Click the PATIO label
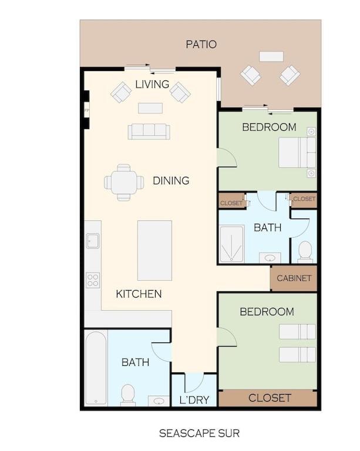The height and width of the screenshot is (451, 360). click(x=201, y=44)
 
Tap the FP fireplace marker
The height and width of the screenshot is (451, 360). click(x=87, y=110)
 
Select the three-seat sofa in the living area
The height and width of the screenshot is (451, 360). click(x=149, y=132)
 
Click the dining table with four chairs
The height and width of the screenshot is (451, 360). click(x=124, y=183)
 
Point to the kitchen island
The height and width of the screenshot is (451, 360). click(x=154, y=251)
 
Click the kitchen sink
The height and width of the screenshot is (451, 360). click(x=93, y=241)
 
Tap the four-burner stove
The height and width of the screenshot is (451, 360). click(x=93, y=280)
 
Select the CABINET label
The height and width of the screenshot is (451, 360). click(x=294, y=278)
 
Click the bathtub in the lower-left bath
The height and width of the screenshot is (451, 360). click(x=96, y=368)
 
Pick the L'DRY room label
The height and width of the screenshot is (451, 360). click(x=194, y=400)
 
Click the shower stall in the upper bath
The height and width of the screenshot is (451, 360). click(x=232, y=244)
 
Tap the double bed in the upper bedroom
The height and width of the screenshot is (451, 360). click(x=297, y=153)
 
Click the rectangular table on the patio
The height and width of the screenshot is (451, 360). click(x=271, y=56)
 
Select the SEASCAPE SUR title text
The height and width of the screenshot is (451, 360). click(x=199, y=433)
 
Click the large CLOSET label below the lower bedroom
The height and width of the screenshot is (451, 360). click(x=270, y=398)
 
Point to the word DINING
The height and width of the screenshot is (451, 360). click(x=171, y=181)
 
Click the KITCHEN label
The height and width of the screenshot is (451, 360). click(x=139, y=294)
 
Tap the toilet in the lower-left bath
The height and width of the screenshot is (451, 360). click(x=128, y=395)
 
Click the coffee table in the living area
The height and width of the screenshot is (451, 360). click(x=150, y=108)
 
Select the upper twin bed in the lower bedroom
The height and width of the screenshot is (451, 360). click(x=297, y=332)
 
